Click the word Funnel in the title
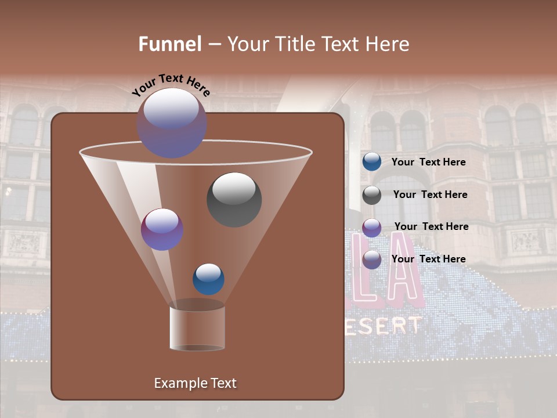pos(169,44)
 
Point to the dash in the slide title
pos(214,45)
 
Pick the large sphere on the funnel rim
pos(172,123)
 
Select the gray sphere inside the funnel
pos(234,199)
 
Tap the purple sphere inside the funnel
pos(162,229)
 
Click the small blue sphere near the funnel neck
pos(208,279)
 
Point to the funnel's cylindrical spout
pos(197,328)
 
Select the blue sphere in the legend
pos(371,162)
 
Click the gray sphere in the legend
pos(371,194)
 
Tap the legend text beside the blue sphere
pos(428,162)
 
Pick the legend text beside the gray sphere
pos(430,194)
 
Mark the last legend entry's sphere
pos(371,259)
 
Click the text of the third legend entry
pos(431,226)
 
